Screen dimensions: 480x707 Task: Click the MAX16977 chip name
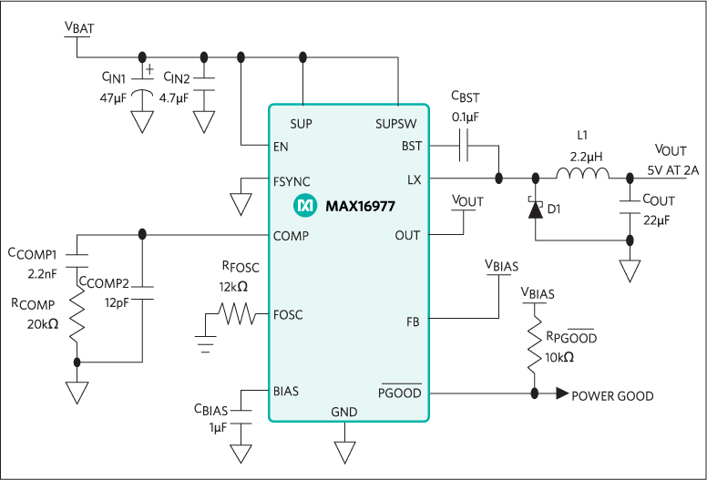pos(360,207)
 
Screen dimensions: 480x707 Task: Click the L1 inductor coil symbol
pos(581,176)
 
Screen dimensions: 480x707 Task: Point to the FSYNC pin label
pos(292,180)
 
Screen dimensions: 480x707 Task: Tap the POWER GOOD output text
pos(611,396)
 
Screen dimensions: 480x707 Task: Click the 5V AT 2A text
pos(673,169)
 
